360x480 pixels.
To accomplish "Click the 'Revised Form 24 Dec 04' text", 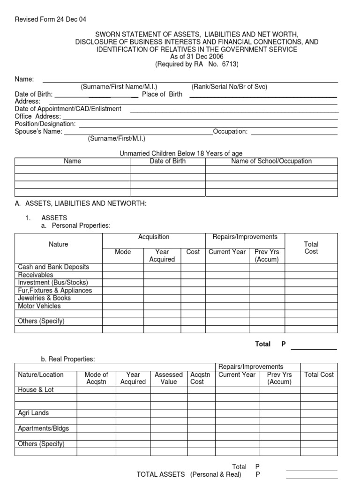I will (51, 19).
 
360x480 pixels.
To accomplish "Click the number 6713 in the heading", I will (230, 64).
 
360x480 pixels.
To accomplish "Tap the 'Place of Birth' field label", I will (162, 94).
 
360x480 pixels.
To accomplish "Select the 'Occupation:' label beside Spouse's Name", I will (230, 132).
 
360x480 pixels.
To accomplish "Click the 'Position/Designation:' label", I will (45, 124).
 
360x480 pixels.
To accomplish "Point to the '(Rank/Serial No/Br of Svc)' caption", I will (229, 87).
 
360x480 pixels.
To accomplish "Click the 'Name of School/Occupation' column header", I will (271, 161).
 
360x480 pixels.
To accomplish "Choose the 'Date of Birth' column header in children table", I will (167, 161).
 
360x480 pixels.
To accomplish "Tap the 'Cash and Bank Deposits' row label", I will (53, 267).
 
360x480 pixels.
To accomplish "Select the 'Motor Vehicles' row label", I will (39, 306).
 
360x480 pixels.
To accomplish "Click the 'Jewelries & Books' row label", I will (45, 298).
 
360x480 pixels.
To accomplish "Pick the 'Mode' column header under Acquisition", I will (123, 252).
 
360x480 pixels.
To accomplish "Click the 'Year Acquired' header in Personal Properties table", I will (162, 255).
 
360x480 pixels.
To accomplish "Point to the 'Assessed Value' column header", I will (169, 378).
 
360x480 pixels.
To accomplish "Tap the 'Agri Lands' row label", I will (33, 413).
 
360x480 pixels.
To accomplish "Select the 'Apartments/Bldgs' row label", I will (43, 429).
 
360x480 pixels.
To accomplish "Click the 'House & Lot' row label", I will (36, 390).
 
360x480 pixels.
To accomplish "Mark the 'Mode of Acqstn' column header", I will (97, 378).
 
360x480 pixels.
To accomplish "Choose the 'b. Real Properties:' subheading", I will (68, 359).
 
